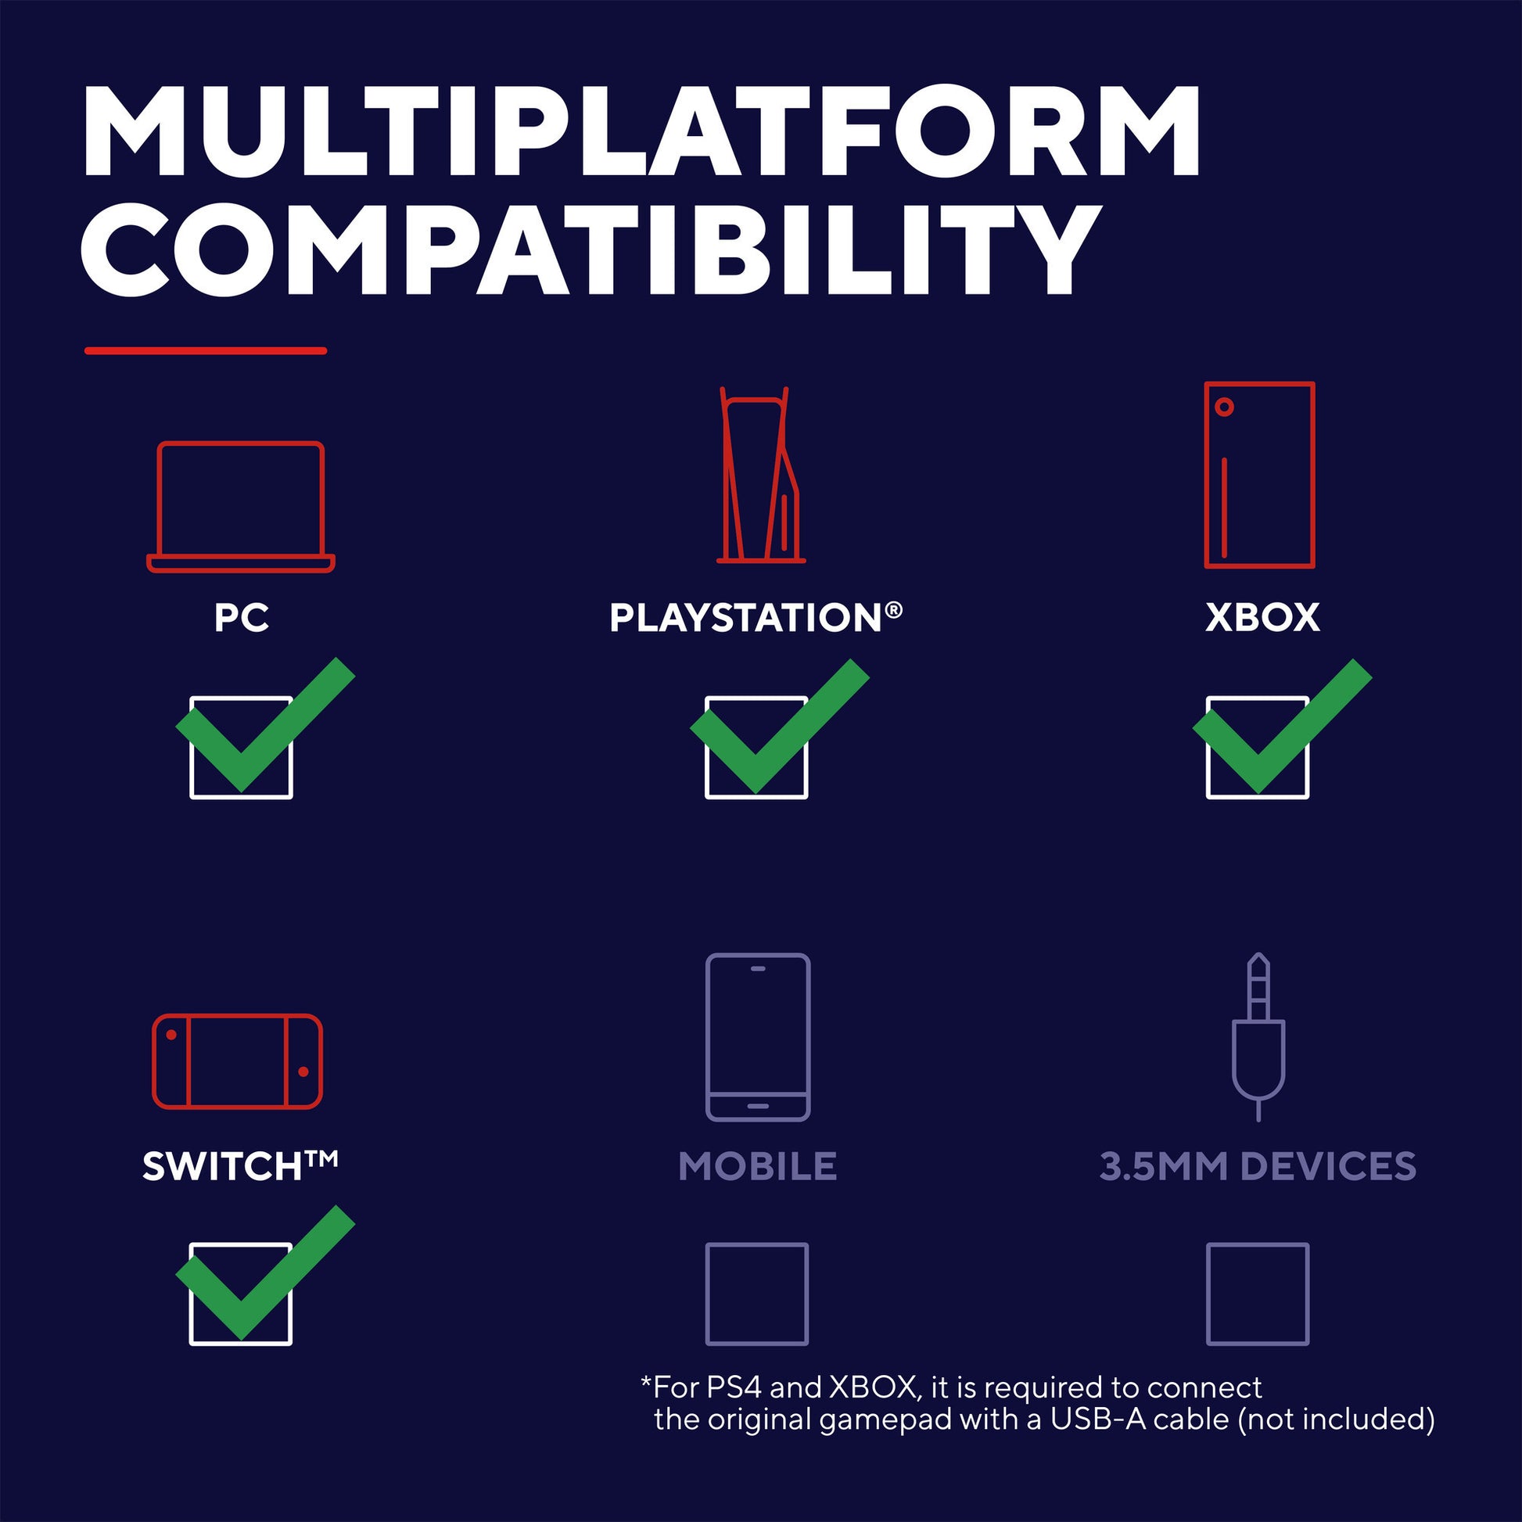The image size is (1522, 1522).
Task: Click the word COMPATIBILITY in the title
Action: [x=588, y=249]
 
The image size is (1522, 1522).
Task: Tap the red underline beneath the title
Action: [x=206, y=350]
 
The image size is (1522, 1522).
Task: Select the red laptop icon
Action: [x=241, y=507]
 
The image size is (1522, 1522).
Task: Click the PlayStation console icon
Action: [x=760, y=475]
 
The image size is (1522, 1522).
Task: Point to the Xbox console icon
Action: [x=1260, y=475]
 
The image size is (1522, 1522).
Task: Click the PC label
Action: [x=242, y=618]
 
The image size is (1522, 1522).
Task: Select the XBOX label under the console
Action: [x=1262, y=618]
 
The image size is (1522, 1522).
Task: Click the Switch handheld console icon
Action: [x=237, y=1061]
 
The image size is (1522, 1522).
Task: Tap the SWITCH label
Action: [x=240, y=1166]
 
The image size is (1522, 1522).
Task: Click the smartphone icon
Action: [x=758, y=1037]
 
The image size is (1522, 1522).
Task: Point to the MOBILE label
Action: [x=757, y=1167]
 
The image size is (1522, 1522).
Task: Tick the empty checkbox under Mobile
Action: [x=757, y=1294]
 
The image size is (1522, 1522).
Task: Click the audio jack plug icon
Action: [x=1258, y=1037]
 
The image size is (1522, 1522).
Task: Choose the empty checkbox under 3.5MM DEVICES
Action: [x=1258, y=1294]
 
